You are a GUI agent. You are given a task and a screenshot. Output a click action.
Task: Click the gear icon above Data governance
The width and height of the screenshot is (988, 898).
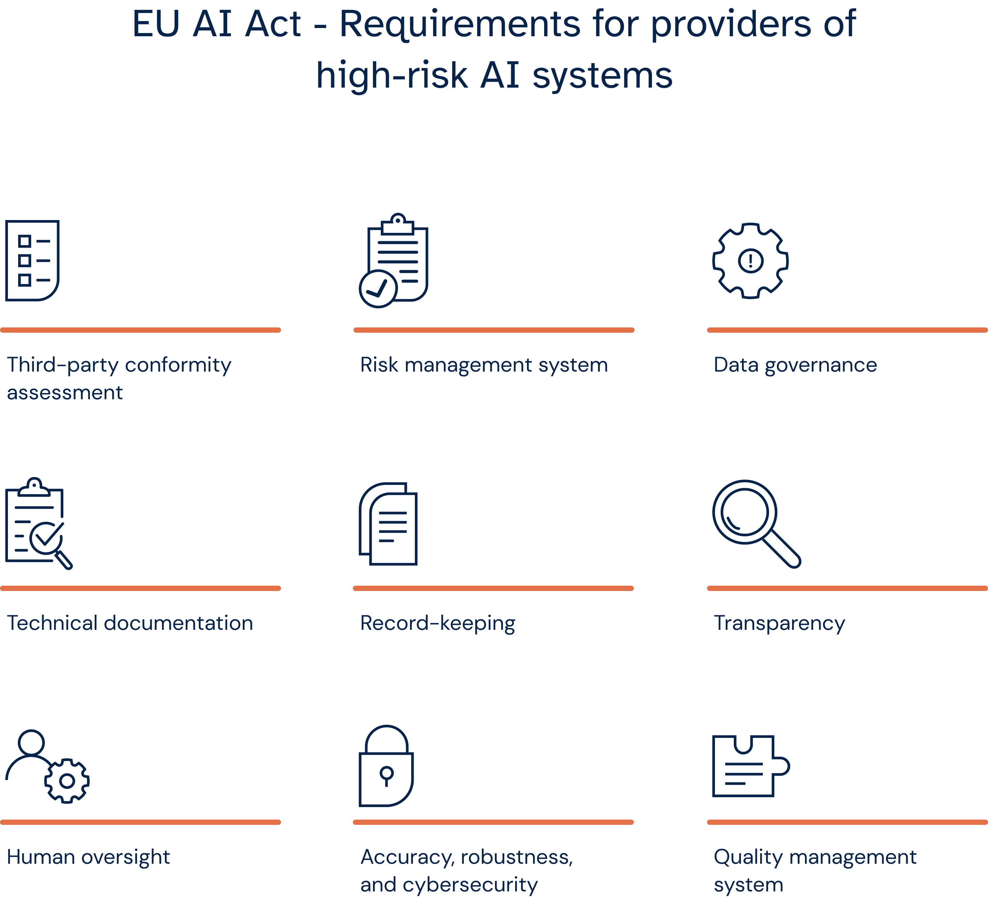[750, 261]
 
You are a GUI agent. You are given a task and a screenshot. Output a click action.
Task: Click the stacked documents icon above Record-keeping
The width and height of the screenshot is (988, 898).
[388, 523]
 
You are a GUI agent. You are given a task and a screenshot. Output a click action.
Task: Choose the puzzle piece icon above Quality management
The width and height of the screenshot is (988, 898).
[750, 766]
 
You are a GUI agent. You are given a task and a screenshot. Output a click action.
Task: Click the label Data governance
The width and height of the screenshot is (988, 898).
[795, 365]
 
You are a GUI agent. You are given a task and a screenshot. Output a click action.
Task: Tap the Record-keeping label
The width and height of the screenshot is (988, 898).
[437, 623]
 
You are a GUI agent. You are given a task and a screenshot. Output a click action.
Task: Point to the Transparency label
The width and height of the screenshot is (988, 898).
[779, 623]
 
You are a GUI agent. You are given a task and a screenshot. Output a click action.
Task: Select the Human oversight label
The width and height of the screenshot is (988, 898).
[88, 857]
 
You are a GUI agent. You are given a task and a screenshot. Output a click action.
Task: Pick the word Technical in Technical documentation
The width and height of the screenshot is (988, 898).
[52, 623]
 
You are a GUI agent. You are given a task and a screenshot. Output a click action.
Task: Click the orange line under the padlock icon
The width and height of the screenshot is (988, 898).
[493, 822]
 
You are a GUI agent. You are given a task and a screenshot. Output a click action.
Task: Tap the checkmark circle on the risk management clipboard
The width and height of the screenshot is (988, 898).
[378, 288]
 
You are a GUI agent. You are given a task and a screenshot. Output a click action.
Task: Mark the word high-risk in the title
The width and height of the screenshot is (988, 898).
[391, 75]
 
